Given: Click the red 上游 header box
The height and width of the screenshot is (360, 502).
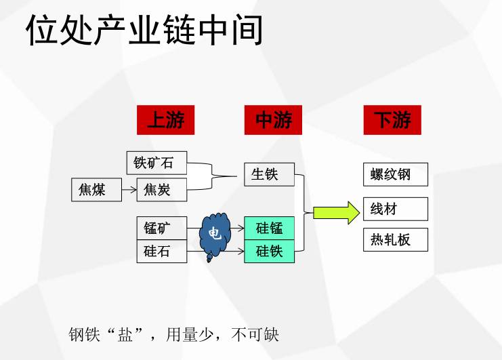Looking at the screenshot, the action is coord(165,120).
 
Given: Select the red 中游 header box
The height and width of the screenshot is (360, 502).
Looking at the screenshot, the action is coord(273,120).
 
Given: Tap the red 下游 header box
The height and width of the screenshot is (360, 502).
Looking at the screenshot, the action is coord(392,120).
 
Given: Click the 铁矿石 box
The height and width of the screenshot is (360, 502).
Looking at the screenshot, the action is coord(157,163).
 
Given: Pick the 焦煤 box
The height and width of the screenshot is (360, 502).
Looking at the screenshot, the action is coord(96,190).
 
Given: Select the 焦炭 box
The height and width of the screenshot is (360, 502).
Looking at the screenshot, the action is coord(162,190).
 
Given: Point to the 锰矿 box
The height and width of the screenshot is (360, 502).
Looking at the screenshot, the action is coord(162,228).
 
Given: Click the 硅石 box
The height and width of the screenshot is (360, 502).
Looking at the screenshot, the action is coord(162,251).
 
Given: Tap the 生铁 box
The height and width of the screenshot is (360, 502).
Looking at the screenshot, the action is coord(269,174).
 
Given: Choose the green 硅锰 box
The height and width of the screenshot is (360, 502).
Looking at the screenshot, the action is coord(269,228).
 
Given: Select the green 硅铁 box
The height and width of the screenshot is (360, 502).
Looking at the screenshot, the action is coord(269,251).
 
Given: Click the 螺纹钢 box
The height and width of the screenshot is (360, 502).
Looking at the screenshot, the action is coord(396,174).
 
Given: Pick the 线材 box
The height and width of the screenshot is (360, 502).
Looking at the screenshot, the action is coord(396,209).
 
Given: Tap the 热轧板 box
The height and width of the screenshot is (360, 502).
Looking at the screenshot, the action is coord(396,239).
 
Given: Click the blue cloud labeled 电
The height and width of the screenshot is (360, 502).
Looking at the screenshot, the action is coord(215,235).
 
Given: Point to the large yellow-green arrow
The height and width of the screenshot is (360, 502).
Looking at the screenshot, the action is coord(336,213).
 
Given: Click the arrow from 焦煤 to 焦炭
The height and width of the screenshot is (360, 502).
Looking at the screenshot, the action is coord(129,190).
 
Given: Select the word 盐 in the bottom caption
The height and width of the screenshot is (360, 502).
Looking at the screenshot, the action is coord(125,335).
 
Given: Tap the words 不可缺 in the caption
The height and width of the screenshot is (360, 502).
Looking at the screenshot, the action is coord(255,335).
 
